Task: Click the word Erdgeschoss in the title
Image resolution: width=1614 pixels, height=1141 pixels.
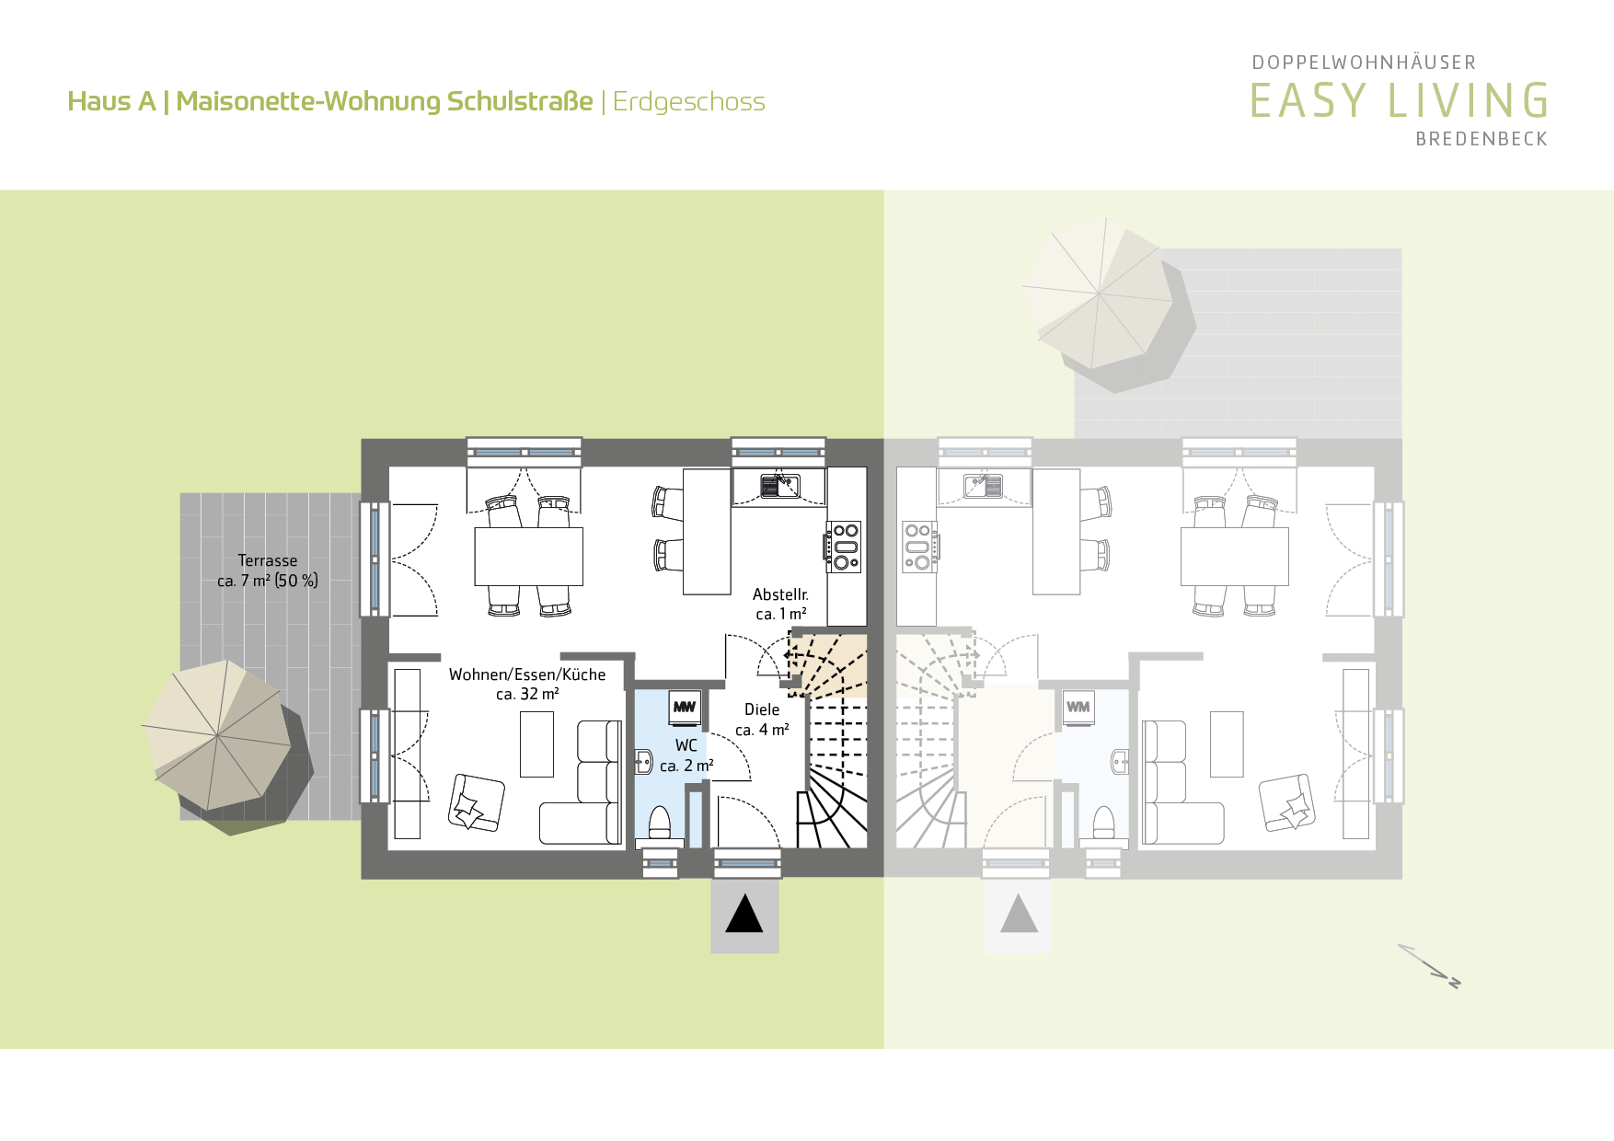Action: click(x=689, y=102)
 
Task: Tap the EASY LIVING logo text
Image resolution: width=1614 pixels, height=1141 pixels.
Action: click(x=1399, y=100)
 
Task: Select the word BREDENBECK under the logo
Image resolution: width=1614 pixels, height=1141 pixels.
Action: click(x=1481, y=139)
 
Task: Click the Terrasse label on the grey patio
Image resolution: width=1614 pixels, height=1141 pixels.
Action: click(x=268, y=560)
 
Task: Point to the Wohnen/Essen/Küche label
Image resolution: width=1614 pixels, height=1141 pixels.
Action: click(x=527, y=674)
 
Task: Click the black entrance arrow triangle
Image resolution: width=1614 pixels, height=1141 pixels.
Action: click(x=744, y=915)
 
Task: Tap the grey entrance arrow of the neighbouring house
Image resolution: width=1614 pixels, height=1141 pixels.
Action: click(x=1019, y=915)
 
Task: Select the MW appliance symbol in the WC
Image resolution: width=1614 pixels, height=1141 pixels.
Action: click(x=685, y=707)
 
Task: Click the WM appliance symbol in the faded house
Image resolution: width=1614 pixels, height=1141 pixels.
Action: click(x=1078, y=707)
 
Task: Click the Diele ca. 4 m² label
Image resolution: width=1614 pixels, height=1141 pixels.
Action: click(x=762, y=720)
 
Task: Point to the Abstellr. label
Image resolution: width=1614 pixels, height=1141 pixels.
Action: click(x=780, y=594)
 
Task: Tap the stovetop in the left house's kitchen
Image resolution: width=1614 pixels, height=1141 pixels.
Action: click(x=845, y=547)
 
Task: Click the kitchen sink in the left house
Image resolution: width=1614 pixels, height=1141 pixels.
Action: click(x=780, y=485)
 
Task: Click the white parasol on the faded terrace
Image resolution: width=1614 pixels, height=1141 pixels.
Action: click(x=1099, y=294)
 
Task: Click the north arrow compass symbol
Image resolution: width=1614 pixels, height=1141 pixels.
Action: click(x=1429, y=966)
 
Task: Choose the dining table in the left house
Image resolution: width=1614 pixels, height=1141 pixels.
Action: click(x=529, y=556)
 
